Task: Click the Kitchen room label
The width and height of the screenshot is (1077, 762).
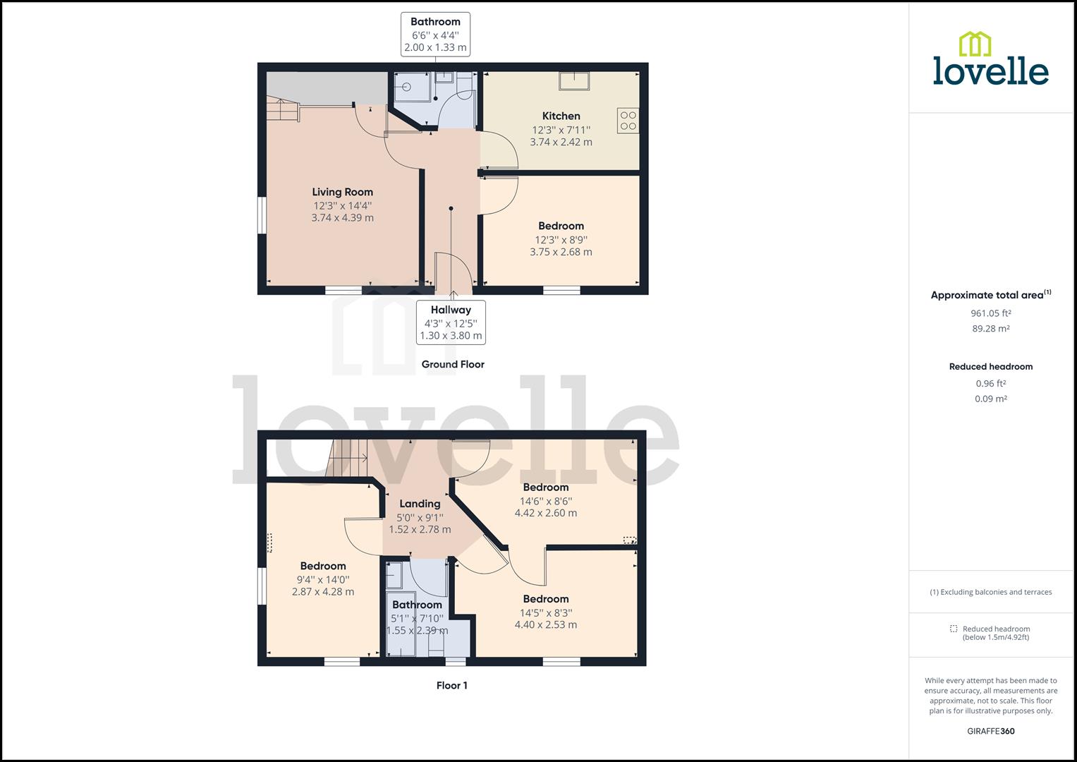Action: pos(561,116)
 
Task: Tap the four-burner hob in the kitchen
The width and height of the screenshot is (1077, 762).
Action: pos(628,121)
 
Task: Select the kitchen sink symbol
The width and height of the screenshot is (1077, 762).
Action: pos(574,80)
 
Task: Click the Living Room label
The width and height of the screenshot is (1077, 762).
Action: pos(342,192)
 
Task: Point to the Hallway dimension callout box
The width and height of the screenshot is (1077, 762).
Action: pos(451,322)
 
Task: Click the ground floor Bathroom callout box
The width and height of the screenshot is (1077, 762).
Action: pos(435,34)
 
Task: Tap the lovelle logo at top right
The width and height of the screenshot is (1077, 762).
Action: pos(990,60)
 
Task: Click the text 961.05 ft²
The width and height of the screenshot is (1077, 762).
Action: pos(990,313)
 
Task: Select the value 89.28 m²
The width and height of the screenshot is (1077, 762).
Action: pos(990,329)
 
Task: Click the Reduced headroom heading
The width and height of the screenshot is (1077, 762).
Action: pos(990,367)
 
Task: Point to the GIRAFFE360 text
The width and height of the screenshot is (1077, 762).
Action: pos(990,731)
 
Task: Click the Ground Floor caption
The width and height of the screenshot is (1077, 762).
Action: pos(453,365)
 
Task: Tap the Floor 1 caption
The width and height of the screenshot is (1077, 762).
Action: pos(451,686)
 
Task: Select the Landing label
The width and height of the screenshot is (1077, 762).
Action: pos(420,504)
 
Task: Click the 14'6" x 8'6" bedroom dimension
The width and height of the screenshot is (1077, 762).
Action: pos(545,501)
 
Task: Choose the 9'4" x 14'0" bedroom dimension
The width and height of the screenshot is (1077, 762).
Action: pos(323,579)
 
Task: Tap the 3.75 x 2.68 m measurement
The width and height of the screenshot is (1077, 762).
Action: pos(561,252)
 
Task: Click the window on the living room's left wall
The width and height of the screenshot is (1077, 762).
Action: pos(261,214)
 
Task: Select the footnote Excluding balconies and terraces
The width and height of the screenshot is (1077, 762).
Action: pos(990,593)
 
